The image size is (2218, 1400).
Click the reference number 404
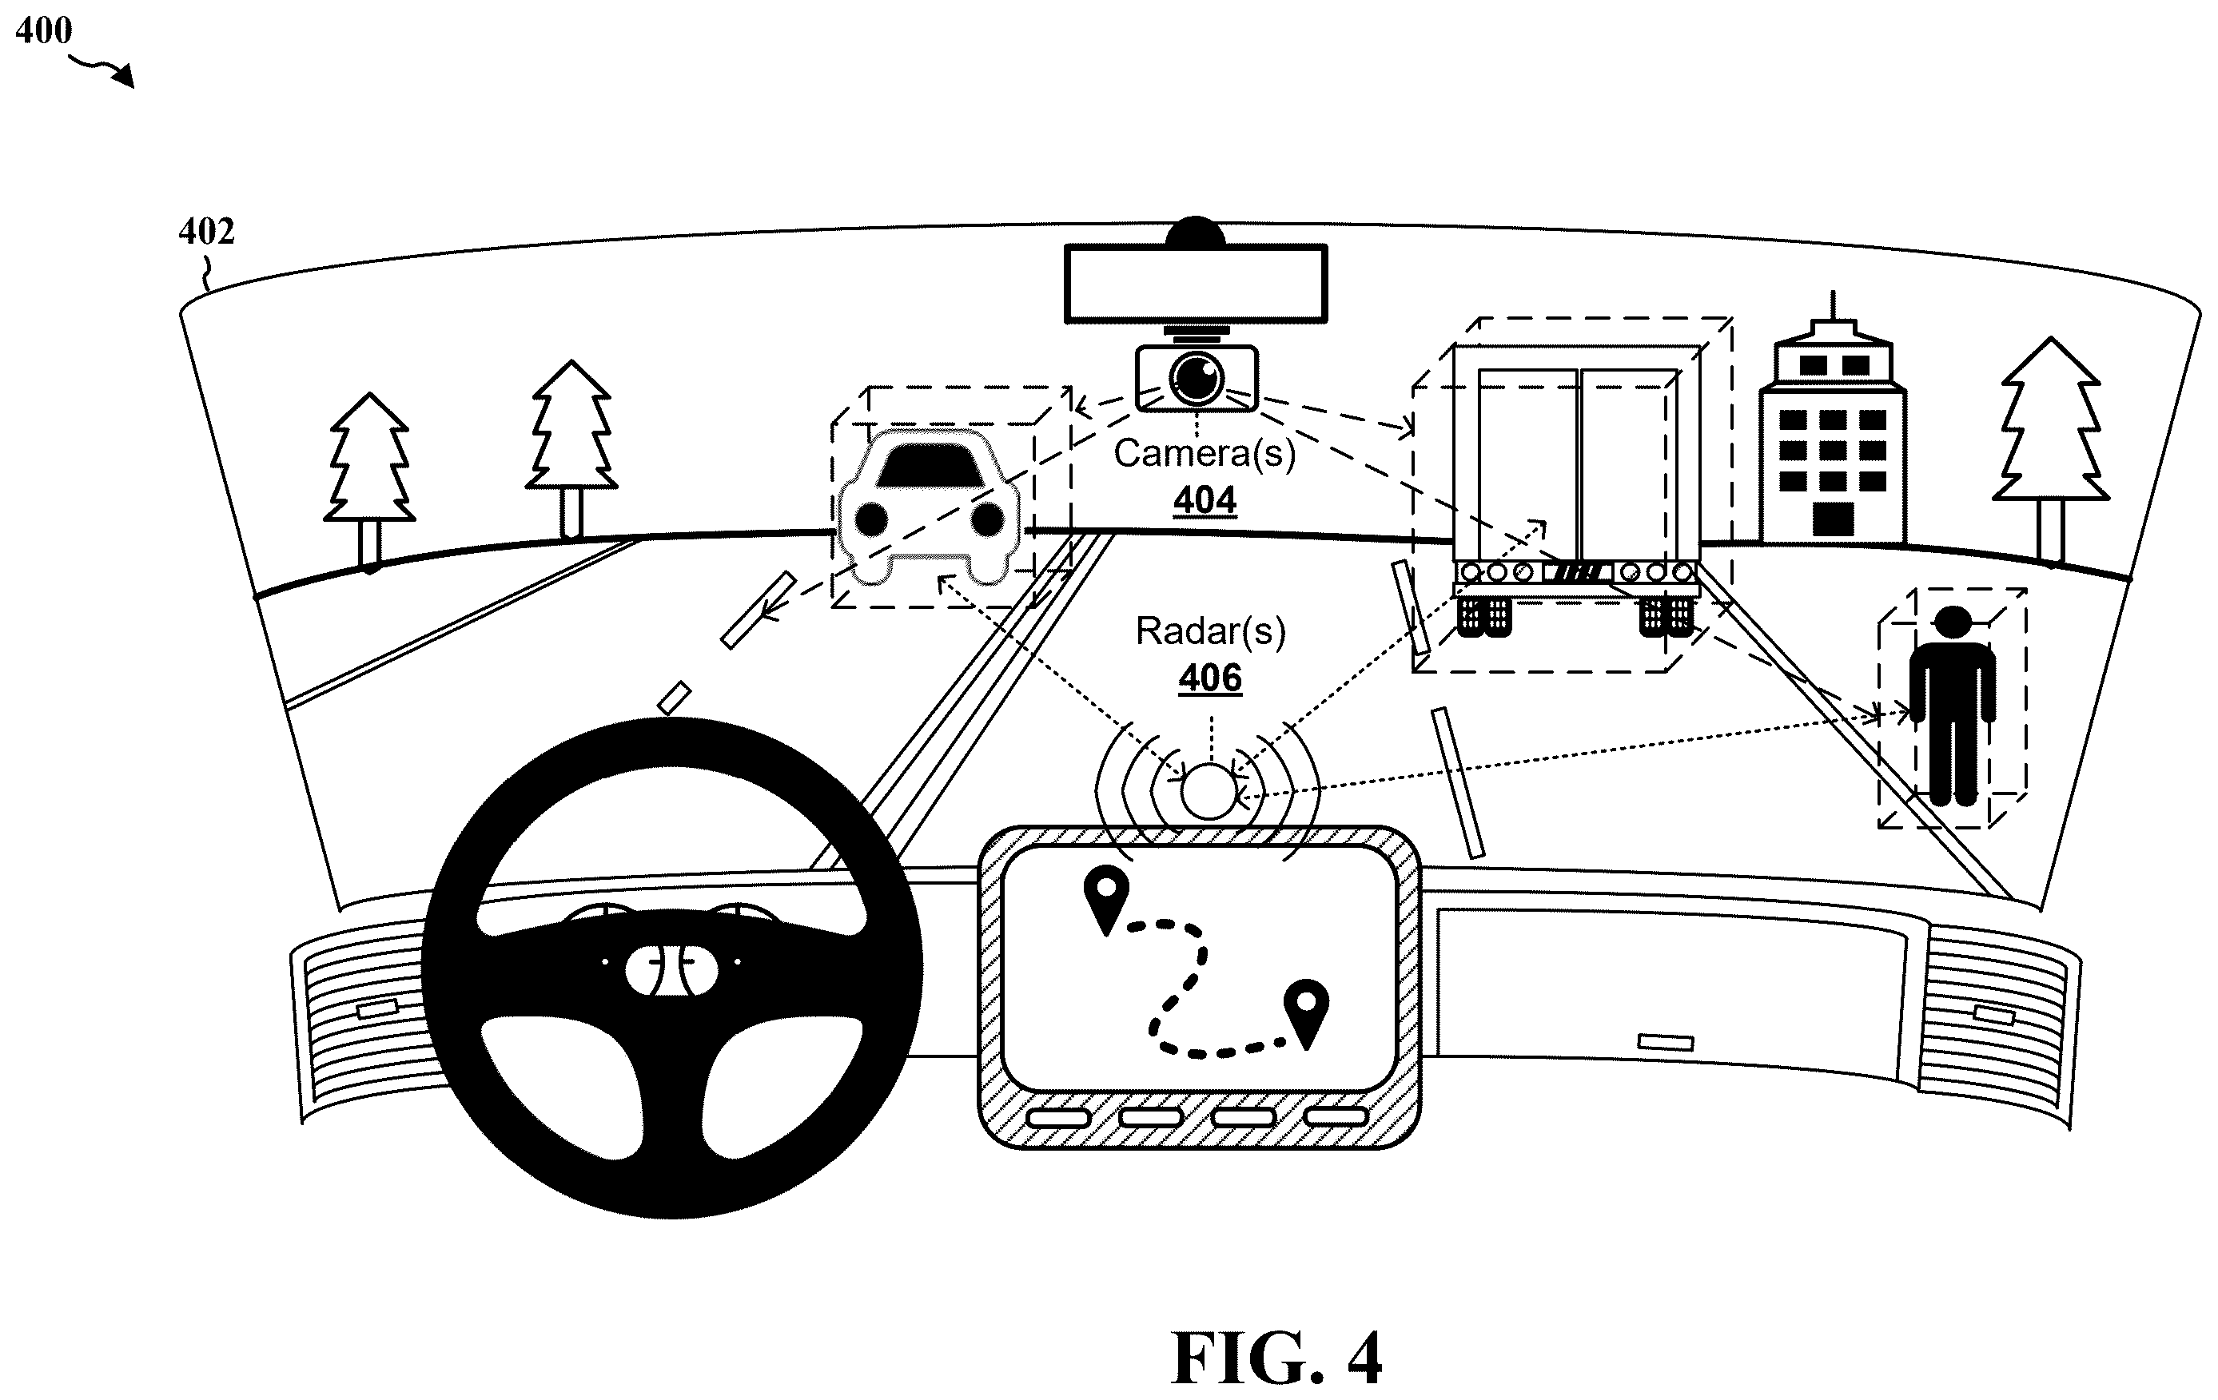coord(1205,500)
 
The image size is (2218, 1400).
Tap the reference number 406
coord(1210,678)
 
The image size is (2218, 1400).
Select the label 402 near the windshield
coord(206,231)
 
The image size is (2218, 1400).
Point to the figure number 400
coord(43,30)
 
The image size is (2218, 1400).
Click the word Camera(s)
coord(1205,453)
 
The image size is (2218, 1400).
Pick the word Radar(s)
coord(1210,631)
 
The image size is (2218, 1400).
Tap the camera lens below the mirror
coord(1197,376)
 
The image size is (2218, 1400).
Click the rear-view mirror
coord(1196,284)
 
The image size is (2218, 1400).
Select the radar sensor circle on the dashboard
coord(1209,791)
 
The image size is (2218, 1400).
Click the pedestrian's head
coord(1953,622)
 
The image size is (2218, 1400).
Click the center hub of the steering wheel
coord(671,971)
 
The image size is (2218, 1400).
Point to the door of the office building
coord(1833,519)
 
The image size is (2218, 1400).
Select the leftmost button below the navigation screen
coord(1058,1118)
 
